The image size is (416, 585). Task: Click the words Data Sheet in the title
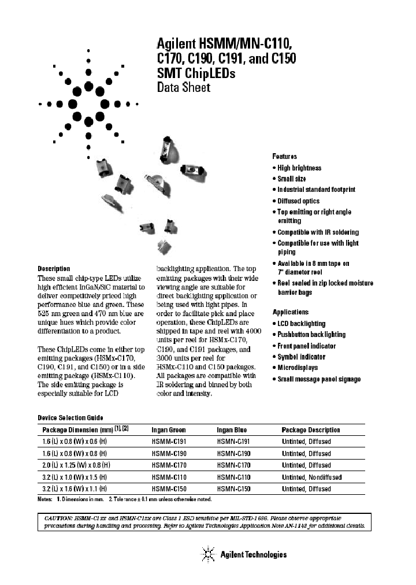click(x=184, y=87)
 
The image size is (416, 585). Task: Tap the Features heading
click(x=284, y=157)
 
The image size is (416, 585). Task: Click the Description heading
click(x=54, y=269)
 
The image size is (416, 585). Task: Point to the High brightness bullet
click(x=299, y=168)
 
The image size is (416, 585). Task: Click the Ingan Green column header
click(x=168, y=430)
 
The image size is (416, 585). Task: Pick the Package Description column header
click(x=310, y=430)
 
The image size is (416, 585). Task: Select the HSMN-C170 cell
click(x=232, y=465)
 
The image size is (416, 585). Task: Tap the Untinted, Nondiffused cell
click(x=311, y=477)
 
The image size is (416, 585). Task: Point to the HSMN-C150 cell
click(x=232, y=488)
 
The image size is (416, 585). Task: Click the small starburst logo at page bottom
click(x=207, y=554)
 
